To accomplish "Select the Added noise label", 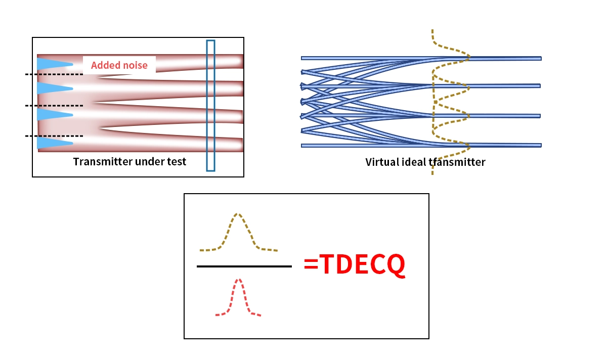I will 119,65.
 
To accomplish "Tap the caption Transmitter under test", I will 129,162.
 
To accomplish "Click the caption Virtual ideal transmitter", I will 425,162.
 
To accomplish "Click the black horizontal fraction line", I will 244,266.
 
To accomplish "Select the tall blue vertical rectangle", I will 210,105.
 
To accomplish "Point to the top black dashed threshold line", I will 54,75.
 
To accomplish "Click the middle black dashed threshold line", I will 54,106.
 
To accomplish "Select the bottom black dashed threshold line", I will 54,136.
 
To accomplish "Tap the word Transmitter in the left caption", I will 99,162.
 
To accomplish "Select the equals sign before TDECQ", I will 311,264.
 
